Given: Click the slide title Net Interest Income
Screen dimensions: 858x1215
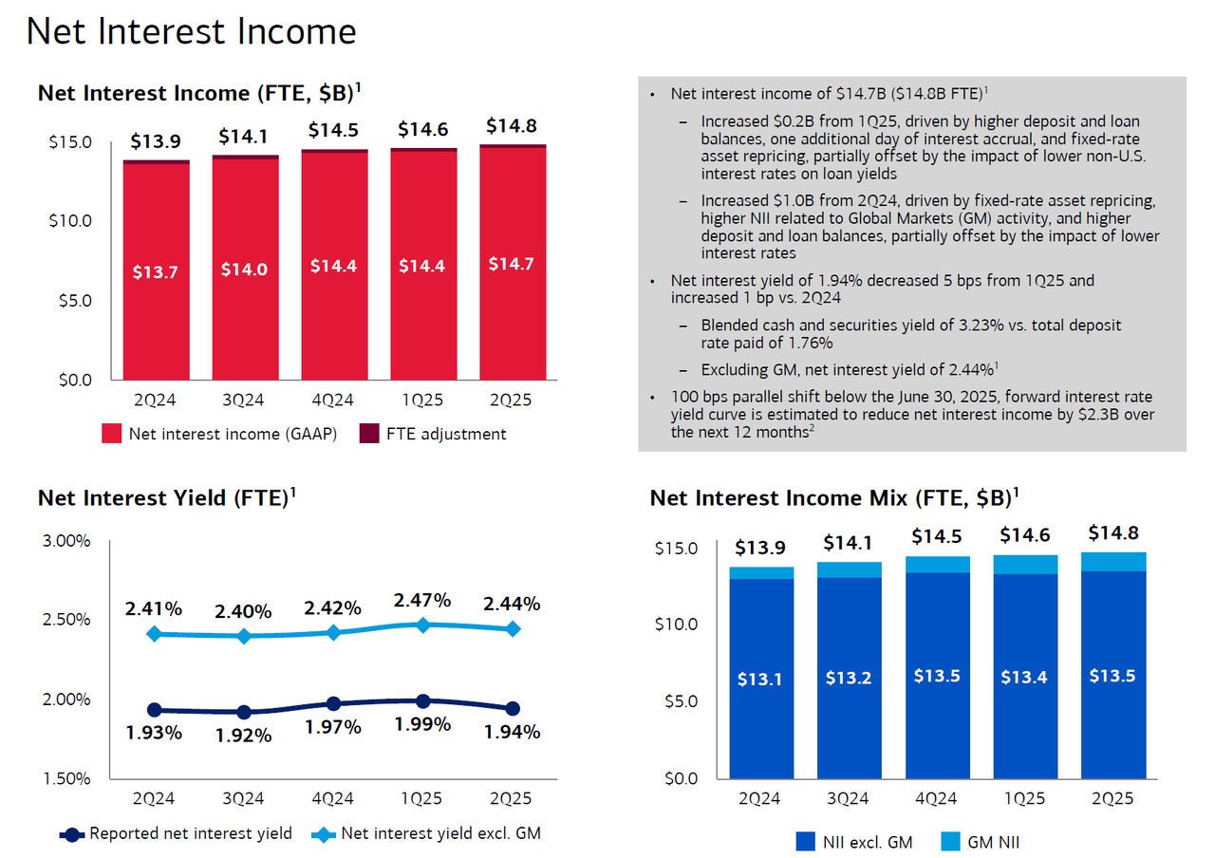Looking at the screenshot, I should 191,31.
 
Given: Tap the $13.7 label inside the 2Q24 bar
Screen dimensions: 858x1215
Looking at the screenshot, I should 156,272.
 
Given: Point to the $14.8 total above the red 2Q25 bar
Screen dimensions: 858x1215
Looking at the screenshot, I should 513,125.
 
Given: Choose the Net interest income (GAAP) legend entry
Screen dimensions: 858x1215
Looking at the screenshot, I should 219,434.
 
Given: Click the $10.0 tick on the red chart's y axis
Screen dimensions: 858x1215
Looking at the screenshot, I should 69,221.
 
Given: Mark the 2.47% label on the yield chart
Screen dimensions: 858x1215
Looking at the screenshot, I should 422,600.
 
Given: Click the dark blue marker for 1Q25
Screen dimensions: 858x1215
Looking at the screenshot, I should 423,701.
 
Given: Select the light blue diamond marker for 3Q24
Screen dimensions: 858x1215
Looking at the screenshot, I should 244,636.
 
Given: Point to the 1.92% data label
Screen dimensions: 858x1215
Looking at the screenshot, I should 244,735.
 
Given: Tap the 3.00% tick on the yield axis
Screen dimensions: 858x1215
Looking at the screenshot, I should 66,541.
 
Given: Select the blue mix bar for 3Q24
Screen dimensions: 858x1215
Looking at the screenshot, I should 850,679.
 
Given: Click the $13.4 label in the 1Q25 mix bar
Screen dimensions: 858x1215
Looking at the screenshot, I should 1026,676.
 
